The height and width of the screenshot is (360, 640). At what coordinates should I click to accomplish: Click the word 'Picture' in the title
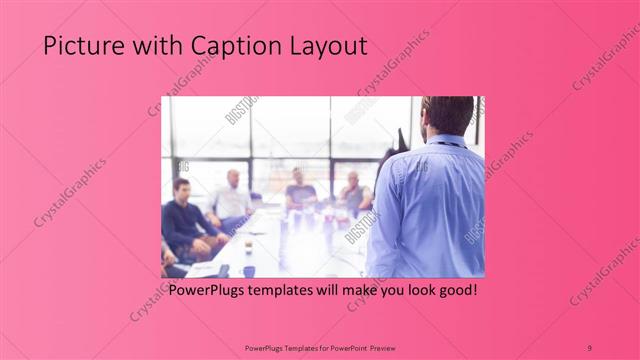pyautogui.click(x=73, y=46)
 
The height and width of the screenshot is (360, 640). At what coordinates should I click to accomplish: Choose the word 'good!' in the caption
pyautogui.click(x=453, y=291)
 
